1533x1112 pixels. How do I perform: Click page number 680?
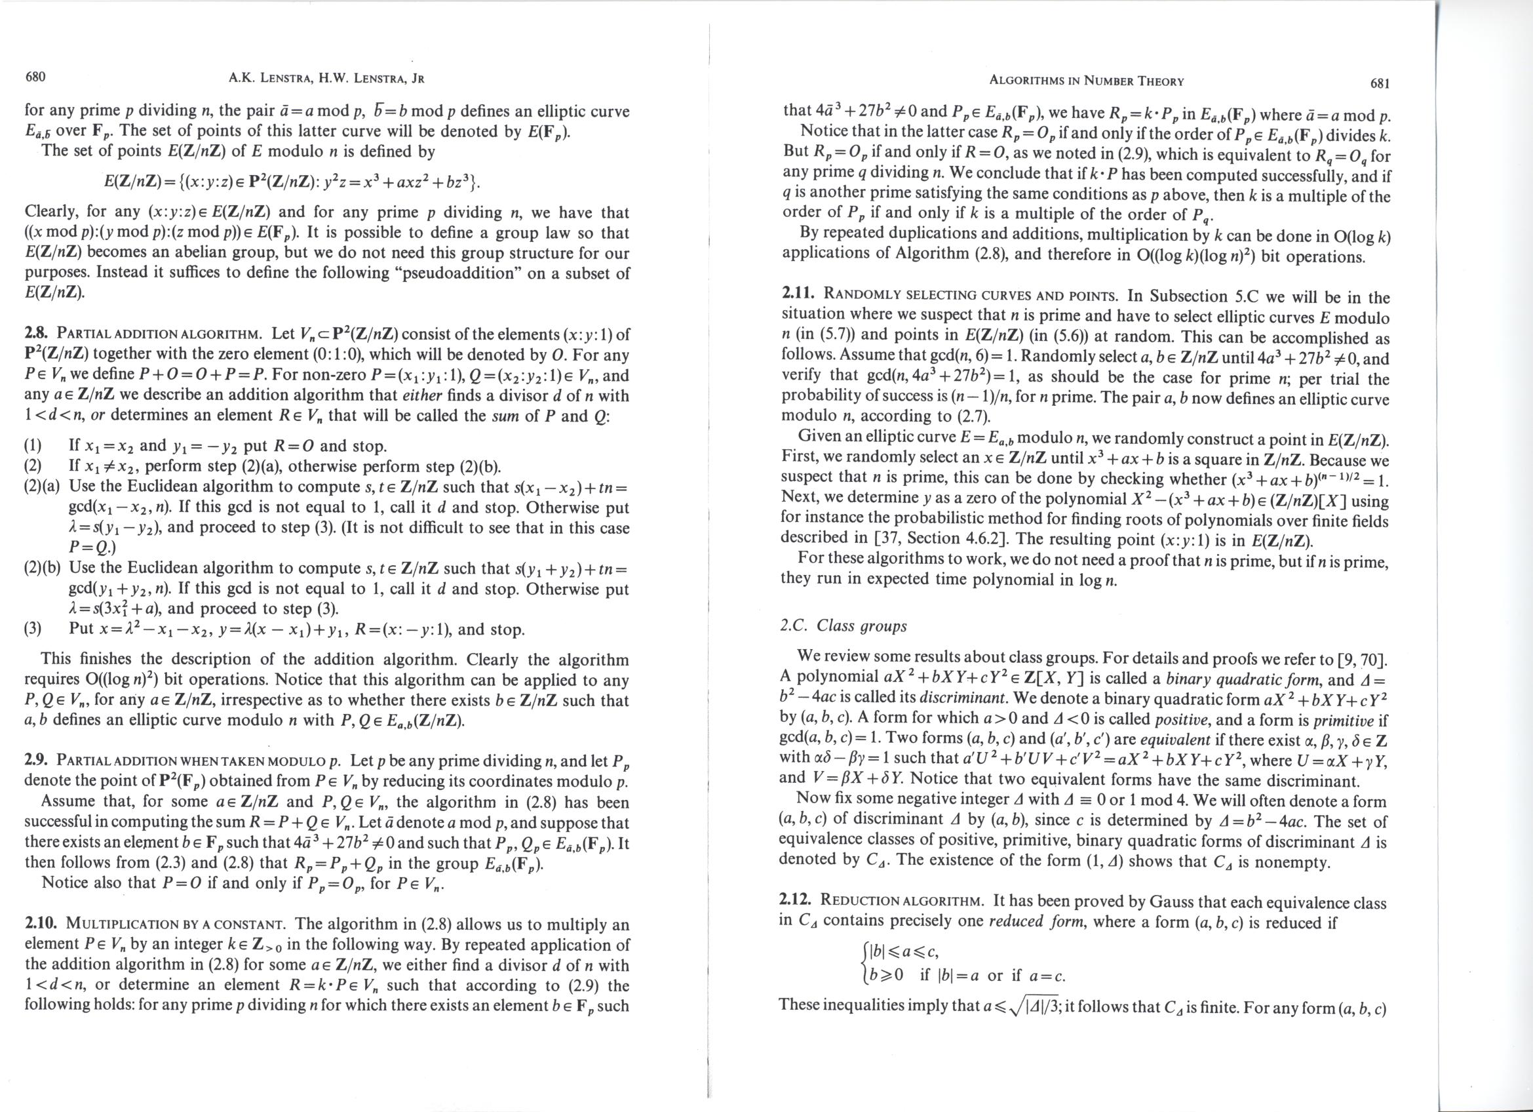tap(35, 77)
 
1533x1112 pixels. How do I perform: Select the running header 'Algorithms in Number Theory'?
tap(1087, 81)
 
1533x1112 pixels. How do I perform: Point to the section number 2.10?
tap(39, 923)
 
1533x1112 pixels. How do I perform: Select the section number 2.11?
tap(796, 295)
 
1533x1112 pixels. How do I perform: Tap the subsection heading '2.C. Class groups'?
tap(843, 625)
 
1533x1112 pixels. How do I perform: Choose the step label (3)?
tap(33, 629)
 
